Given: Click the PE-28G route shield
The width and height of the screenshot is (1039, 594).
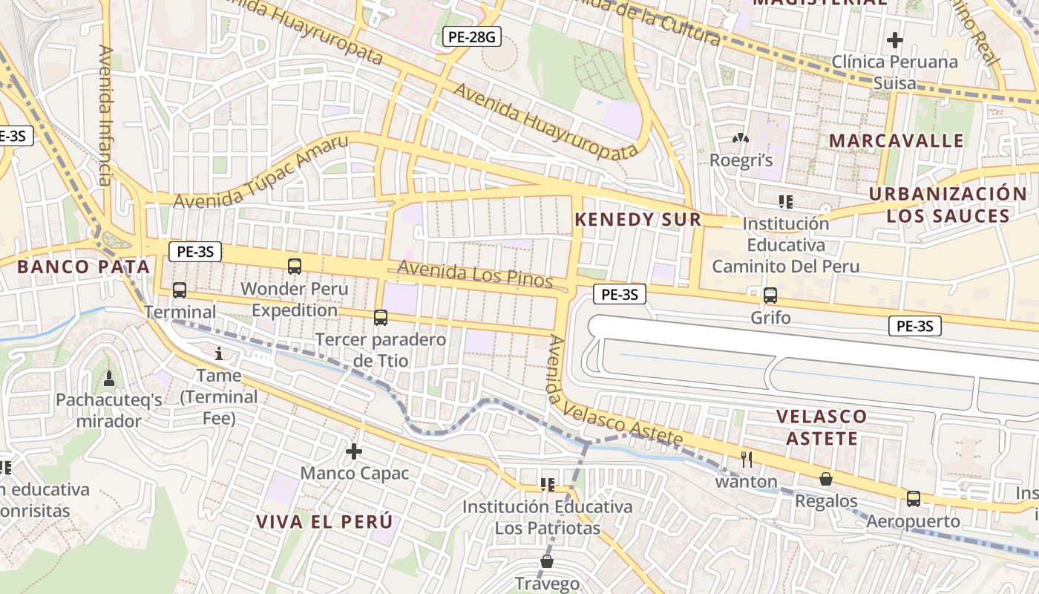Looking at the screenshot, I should click(471, 36).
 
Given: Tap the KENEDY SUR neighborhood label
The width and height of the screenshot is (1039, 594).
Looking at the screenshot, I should click(638, 220).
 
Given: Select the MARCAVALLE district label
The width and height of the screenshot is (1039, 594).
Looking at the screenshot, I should click(896, 141).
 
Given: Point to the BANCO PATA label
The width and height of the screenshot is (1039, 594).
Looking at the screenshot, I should click(83, 267).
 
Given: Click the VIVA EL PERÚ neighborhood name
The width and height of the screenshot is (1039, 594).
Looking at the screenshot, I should click(324, 521).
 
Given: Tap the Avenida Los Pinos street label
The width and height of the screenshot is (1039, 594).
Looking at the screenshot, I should click(475, 274).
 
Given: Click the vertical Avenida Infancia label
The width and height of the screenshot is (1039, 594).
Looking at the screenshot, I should click(105, 115).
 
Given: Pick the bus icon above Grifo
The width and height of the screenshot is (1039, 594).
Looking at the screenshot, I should click(770, 296).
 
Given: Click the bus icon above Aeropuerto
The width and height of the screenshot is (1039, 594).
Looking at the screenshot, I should click(914, 499).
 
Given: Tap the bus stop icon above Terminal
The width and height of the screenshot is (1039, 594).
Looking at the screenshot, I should click(180, 290).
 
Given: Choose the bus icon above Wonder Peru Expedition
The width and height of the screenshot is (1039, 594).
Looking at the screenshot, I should click(295, 266).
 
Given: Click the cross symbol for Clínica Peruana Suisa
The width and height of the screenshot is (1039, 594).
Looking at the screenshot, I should click(895, 39).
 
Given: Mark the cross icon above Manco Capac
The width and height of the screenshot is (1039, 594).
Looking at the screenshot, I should click(354, 451).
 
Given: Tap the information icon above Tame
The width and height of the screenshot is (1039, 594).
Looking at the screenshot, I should click(218, 353).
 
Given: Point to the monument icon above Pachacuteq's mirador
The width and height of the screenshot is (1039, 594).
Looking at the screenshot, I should click(109, 379).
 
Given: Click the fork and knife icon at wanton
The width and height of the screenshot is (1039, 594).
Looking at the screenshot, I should click(747, 460).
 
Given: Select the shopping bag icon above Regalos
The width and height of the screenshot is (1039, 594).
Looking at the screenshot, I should click(825, 479).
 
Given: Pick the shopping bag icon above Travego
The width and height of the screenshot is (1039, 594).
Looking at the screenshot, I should click(547, 561).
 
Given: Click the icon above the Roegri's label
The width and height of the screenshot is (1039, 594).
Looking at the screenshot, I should click(740, 138).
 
